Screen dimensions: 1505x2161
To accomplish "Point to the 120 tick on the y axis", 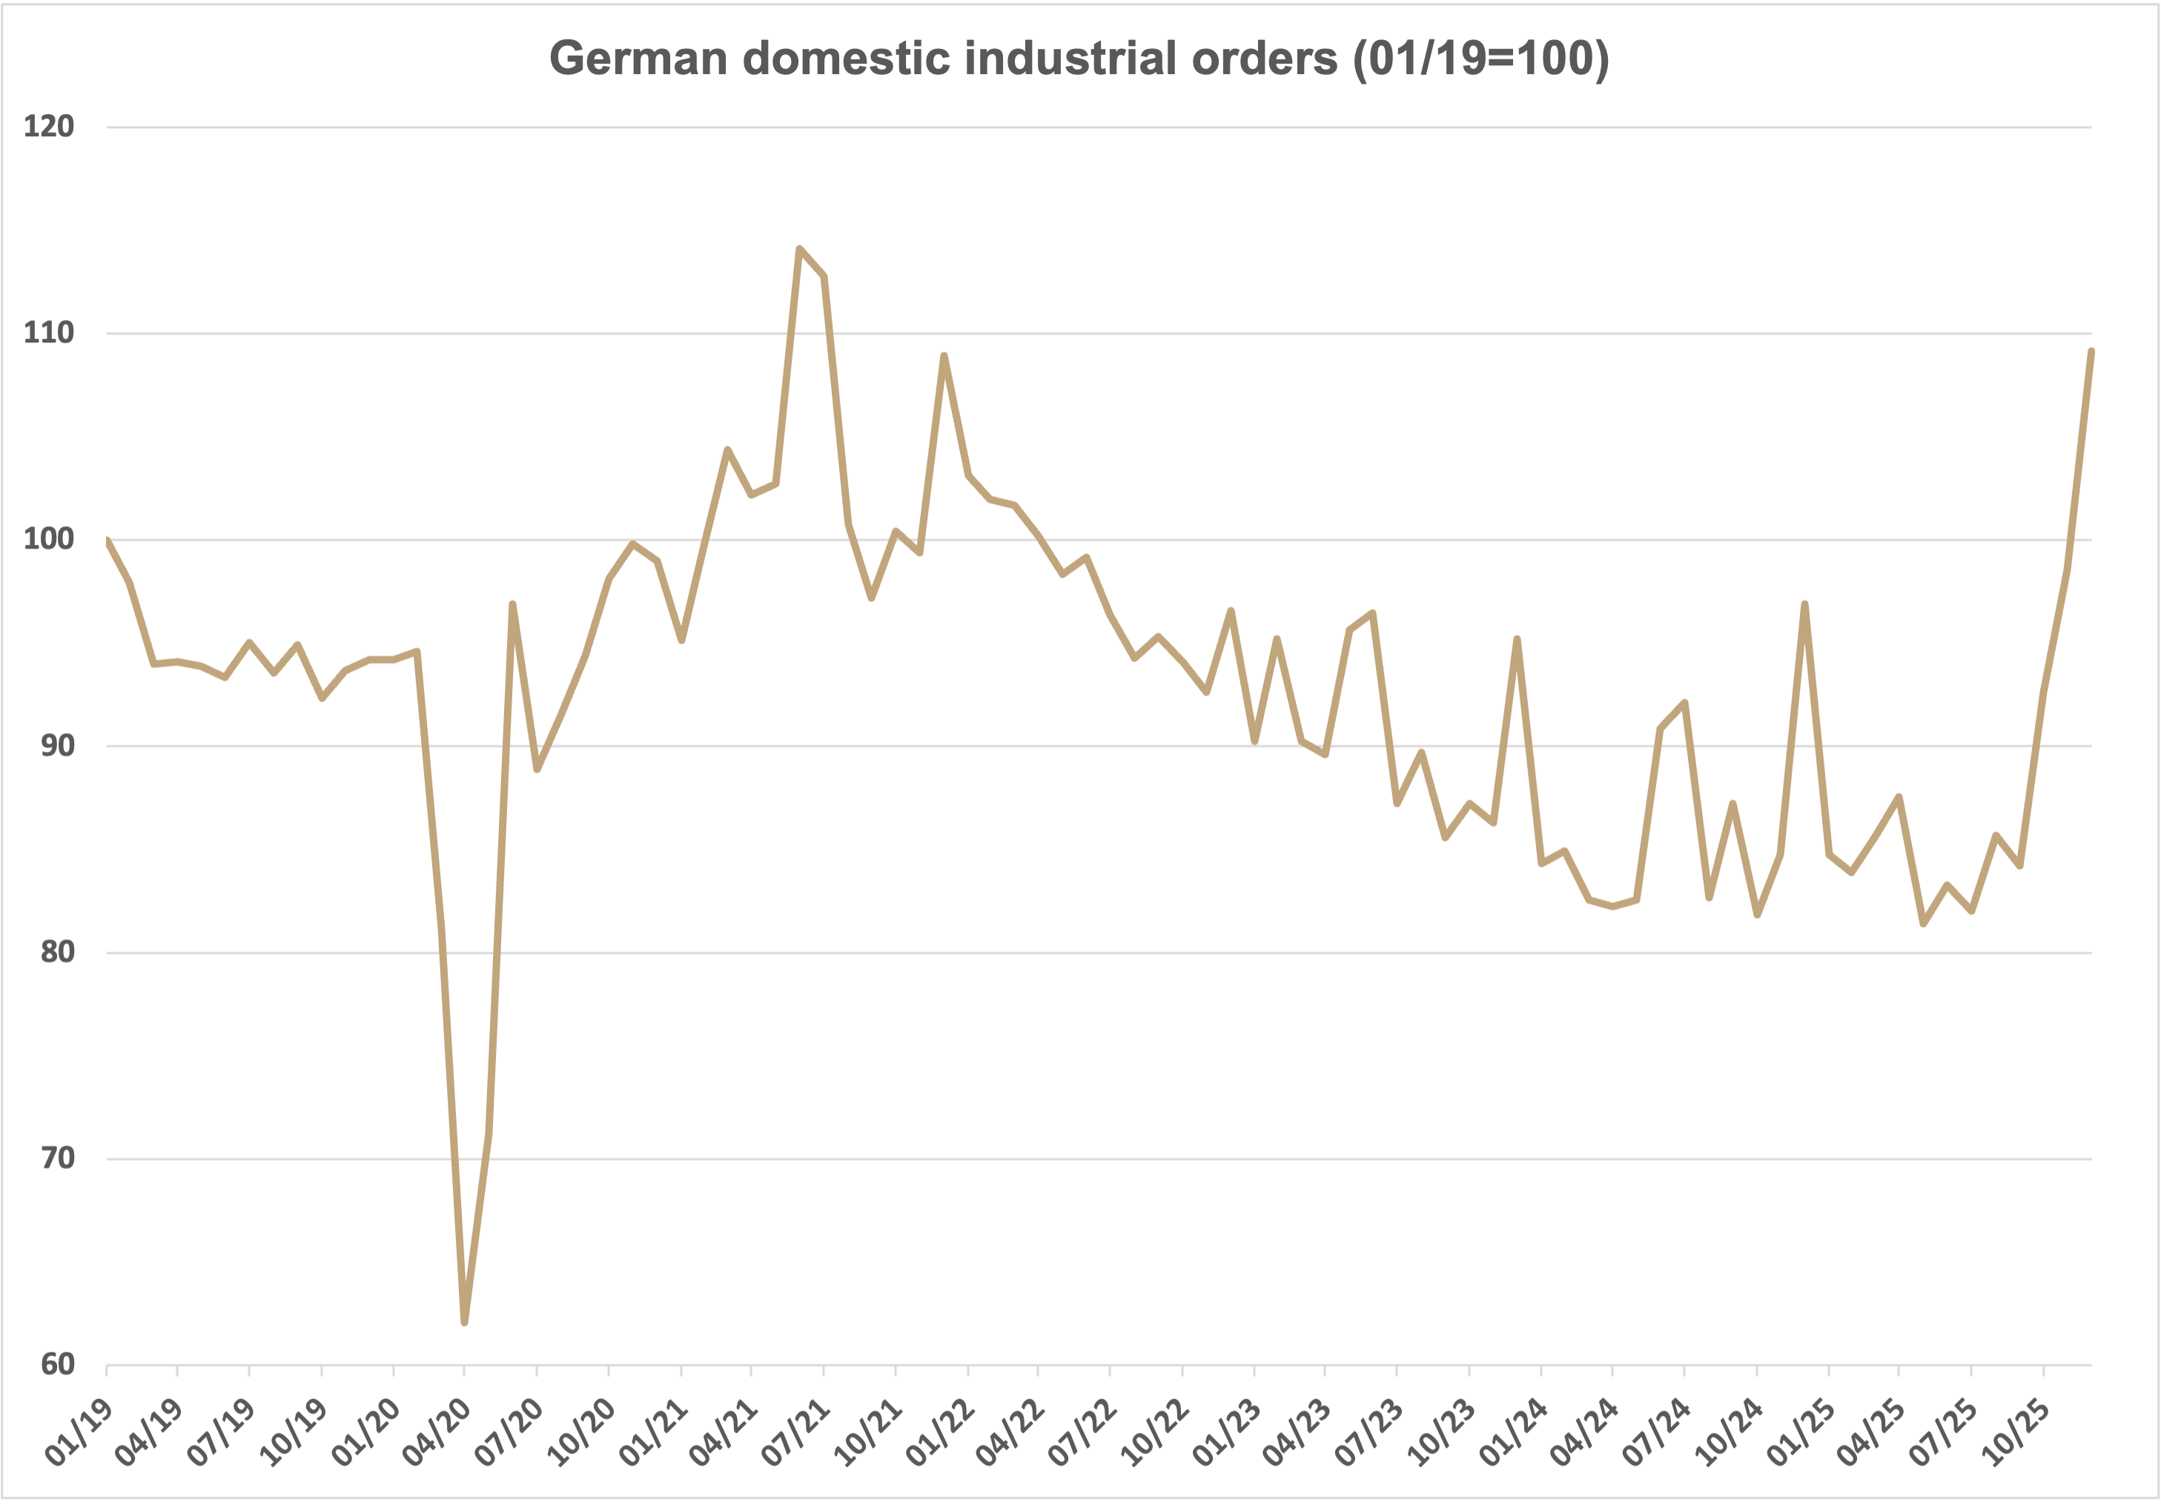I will pyautogui.click(x=49, y=126).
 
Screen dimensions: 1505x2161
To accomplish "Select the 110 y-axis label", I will pyautogui.click(x=49, y=332).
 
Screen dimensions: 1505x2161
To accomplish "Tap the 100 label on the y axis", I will pyautogui.click(x=49, y=539).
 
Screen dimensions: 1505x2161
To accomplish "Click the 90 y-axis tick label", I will pyautogui.click(x=57, y=745).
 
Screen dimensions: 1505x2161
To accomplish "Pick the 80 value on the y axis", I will pyautogui.click(x=57, y=952).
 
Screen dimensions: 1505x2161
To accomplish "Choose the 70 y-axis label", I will pyautogui.click(x=57, y=1158).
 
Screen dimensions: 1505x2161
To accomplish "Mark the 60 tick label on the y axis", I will pyautogui.click(x=57, y=1364).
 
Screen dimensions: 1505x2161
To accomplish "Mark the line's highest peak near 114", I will pyautogui.click(x=799, y=248).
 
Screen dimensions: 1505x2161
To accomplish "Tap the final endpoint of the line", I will pyautogui.click(x=2091, y=351).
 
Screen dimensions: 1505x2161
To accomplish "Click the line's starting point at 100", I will pyautogui.click(x=107, y=540).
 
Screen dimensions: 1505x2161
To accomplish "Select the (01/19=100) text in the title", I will pyautogui.click(x=1480, y=59).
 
